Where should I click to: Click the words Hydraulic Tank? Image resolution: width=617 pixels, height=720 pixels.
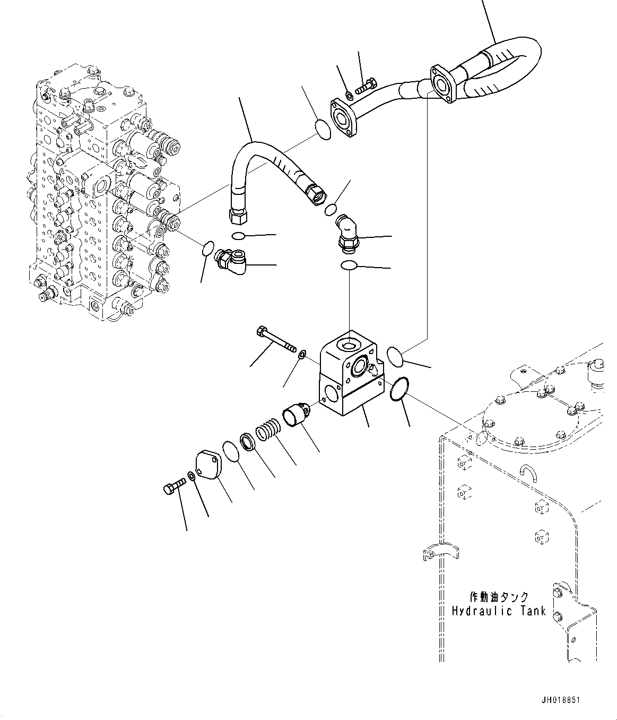click(498, 611)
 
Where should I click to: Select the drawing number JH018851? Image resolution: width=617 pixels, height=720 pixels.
click(560, 700)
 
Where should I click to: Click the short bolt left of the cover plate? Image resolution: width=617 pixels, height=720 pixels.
click(173, 485)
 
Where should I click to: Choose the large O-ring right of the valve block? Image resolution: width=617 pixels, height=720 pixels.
click(399, 390)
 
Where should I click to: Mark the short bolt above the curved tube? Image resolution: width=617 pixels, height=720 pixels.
click(365, 85)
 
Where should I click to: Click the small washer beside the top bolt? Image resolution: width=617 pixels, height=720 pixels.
click(349, 96)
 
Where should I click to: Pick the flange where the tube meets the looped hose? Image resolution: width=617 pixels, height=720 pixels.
click(440, 83)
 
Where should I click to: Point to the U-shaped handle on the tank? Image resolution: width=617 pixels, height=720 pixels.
click(528, 471)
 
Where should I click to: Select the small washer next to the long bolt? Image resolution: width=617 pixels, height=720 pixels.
click(302, 354)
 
